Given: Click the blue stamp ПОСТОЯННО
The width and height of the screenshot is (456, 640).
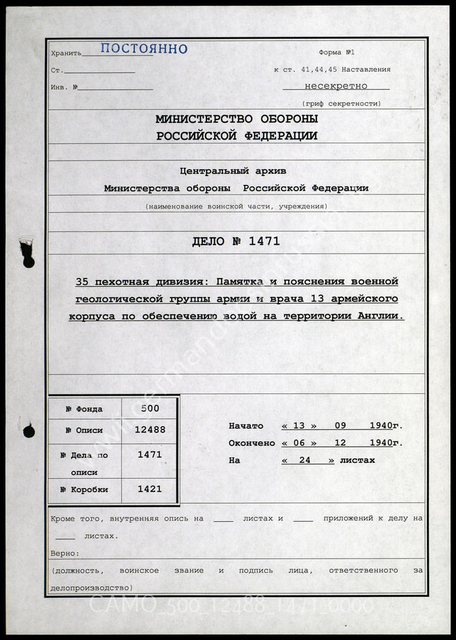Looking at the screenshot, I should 144,49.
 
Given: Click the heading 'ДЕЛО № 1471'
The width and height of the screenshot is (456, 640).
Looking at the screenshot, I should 236,242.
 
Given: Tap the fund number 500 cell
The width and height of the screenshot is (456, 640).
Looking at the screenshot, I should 149,410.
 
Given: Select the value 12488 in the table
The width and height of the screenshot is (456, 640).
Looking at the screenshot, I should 149,429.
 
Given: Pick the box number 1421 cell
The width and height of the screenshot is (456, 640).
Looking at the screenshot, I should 149,489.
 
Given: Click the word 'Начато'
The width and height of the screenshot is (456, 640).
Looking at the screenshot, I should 245,426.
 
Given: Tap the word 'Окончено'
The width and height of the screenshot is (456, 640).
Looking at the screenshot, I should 252,443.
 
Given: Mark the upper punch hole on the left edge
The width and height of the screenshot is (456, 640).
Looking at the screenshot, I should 27,253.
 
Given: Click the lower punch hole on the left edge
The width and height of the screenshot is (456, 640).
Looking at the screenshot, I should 28,432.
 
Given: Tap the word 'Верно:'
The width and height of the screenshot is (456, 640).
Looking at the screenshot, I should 65,554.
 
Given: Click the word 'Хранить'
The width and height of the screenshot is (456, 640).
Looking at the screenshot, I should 66,53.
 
